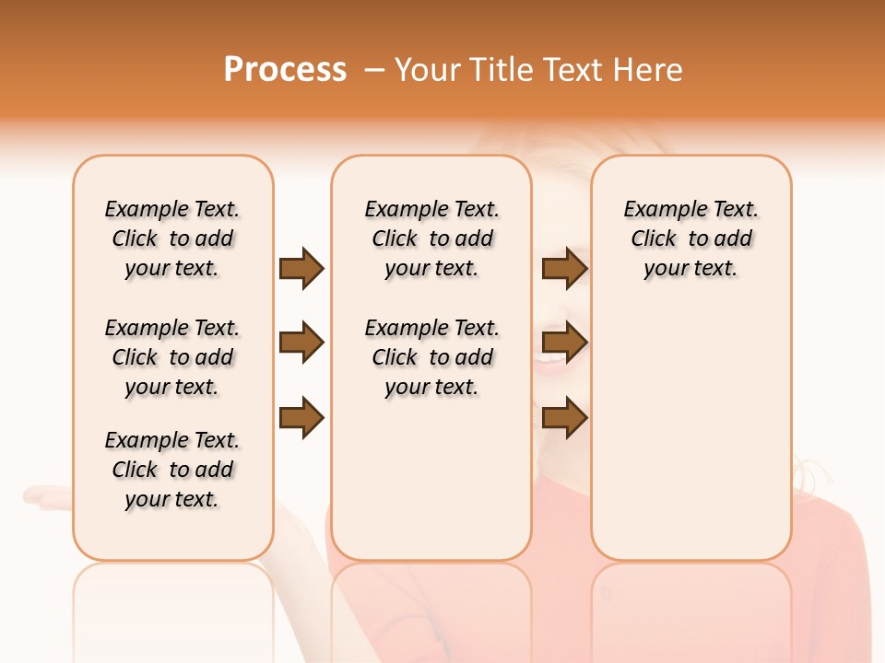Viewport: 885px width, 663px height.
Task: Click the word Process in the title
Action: (285, 70)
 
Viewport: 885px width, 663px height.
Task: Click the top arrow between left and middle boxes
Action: (301, 268)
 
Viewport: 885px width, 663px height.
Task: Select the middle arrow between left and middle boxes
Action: (301, 343)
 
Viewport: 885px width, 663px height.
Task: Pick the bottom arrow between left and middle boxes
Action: (301, 418)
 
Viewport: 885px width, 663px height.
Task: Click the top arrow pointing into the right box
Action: (564, 268)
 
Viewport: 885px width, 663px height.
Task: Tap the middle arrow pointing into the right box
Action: (564, 343)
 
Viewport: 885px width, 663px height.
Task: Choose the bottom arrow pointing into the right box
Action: (564, 418)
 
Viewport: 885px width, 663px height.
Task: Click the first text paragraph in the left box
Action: (172, 238)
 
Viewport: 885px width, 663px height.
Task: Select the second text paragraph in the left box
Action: (172, 357)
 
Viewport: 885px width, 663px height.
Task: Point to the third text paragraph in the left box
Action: (172, 470)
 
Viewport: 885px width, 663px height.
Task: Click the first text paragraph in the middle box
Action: (432, 238)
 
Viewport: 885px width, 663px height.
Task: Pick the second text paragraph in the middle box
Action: (432, 357)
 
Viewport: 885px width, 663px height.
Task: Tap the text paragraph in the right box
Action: (691, 238)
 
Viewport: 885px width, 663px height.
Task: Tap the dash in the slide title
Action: (374, 70)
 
